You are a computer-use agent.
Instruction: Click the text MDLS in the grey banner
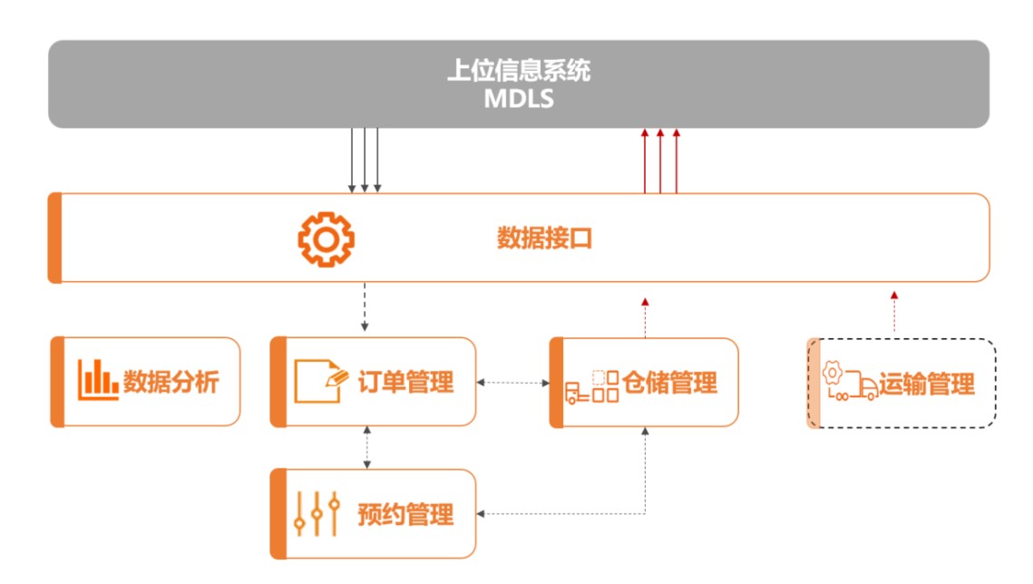[518, 98]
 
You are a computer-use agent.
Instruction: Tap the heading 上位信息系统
[518, 71]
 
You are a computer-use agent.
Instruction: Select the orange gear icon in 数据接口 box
[326, 238]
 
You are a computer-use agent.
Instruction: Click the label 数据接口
[545, 238]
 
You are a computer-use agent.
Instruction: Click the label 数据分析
[171, 382]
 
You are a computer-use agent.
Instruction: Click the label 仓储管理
[669, 383]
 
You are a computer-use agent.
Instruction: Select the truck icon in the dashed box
[850, 383]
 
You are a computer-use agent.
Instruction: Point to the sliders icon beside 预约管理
[317, 514]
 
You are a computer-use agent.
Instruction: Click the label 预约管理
[405, 515]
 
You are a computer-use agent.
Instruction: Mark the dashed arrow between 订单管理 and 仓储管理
[513, 383]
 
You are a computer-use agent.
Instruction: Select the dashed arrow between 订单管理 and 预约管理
[366, 447]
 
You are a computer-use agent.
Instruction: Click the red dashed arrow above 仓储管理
[645, 316]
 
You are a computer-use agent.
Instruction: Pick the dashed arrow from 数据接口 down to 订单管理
[365, 307]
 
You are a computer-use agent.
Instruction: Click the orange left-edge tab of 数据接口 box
[55, 238]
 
